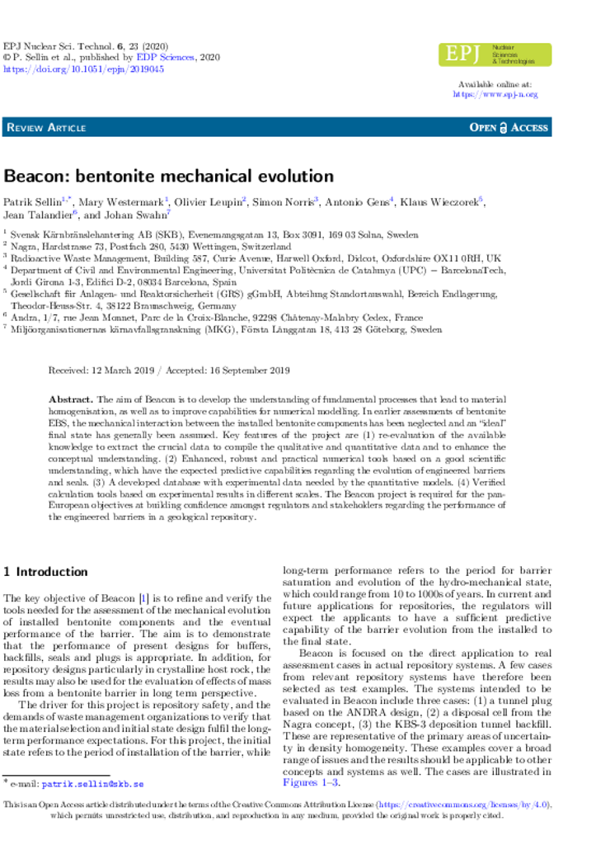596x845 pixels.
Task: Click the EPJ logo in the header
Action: pyautogui.click(x=495, y=54)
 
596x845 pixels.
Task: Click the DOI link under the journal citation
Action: pyautogui.click(x=84, y=70)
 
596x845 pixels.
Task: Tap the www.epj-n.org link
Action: pyautogui.click(x=495, y=95)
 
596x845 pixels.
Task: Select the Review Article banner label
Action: pyautogui.click(x=46, y=128)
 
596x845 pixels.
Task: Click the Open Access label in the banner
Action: pyautogui.click(x=509, y=128)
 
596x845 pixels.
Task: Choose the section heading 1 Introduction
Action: pyautogui.click(x=46, y=572)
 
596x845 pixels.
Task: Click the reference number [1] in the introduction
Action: pyautogui.click(x=143, y=598)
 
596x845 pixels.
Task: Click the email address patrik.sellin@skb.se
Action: pyautogui.click(x=93, y=784)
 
